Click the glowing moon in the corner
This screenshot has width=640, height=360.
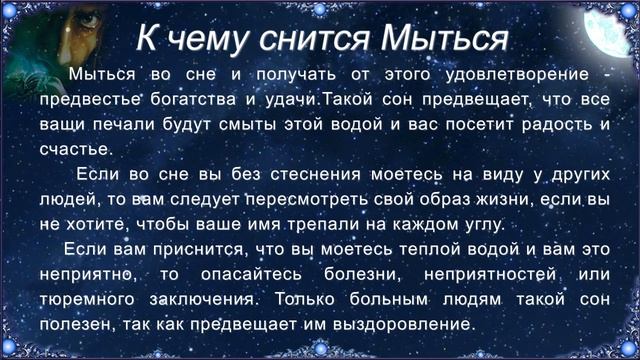tap(615, 30)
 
